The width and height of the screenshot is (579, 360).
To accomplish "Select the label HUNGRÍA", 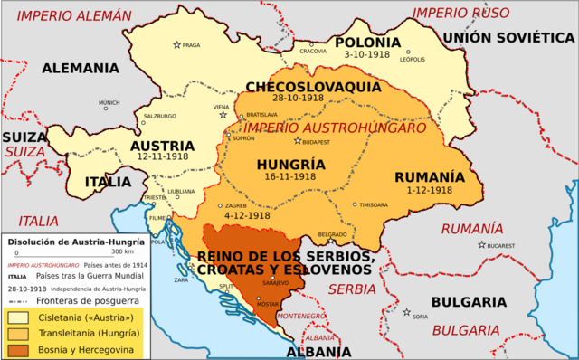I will point(290,165).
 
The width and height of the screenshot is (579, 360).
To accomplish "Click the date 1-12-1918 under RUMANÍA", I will point(428,190).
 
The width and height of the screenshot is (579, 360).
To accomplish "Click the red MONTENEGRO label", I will point(303,316).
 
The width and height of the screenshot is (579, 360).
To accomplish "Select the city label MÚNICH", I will point(109,103).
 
